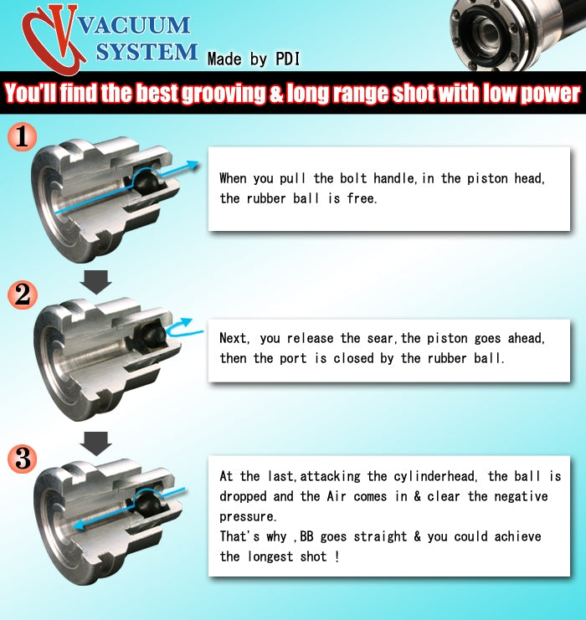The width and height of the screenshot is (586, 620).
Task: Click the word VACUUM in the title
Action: point(135,26)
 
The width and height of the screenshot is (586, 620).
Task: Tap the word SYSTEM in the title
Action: point(146,52)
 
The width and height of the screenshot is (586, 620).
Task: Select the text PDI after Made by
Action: point(287,59)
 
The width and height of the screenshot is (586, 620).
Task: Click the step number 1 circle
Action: point(22,136)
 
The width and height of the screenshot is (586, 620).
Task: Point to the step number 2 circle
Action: point(23,295)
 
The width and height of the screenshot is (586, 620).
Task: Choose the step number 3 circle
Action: point(23,459)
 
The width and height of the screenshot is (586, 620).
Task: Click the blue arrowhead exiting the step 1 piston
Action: point(193,165)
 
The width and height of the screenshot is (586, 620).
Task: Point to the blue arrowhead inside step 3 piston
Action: point(79,525)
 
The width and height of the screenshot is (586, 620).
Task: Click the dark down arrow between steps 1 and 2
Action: point(95,282)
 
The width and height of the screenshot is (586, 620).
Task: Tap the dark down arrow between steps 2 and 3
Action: point(95,443)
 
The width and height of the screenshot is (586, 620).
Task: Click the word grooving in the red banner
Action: point(223,94)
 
